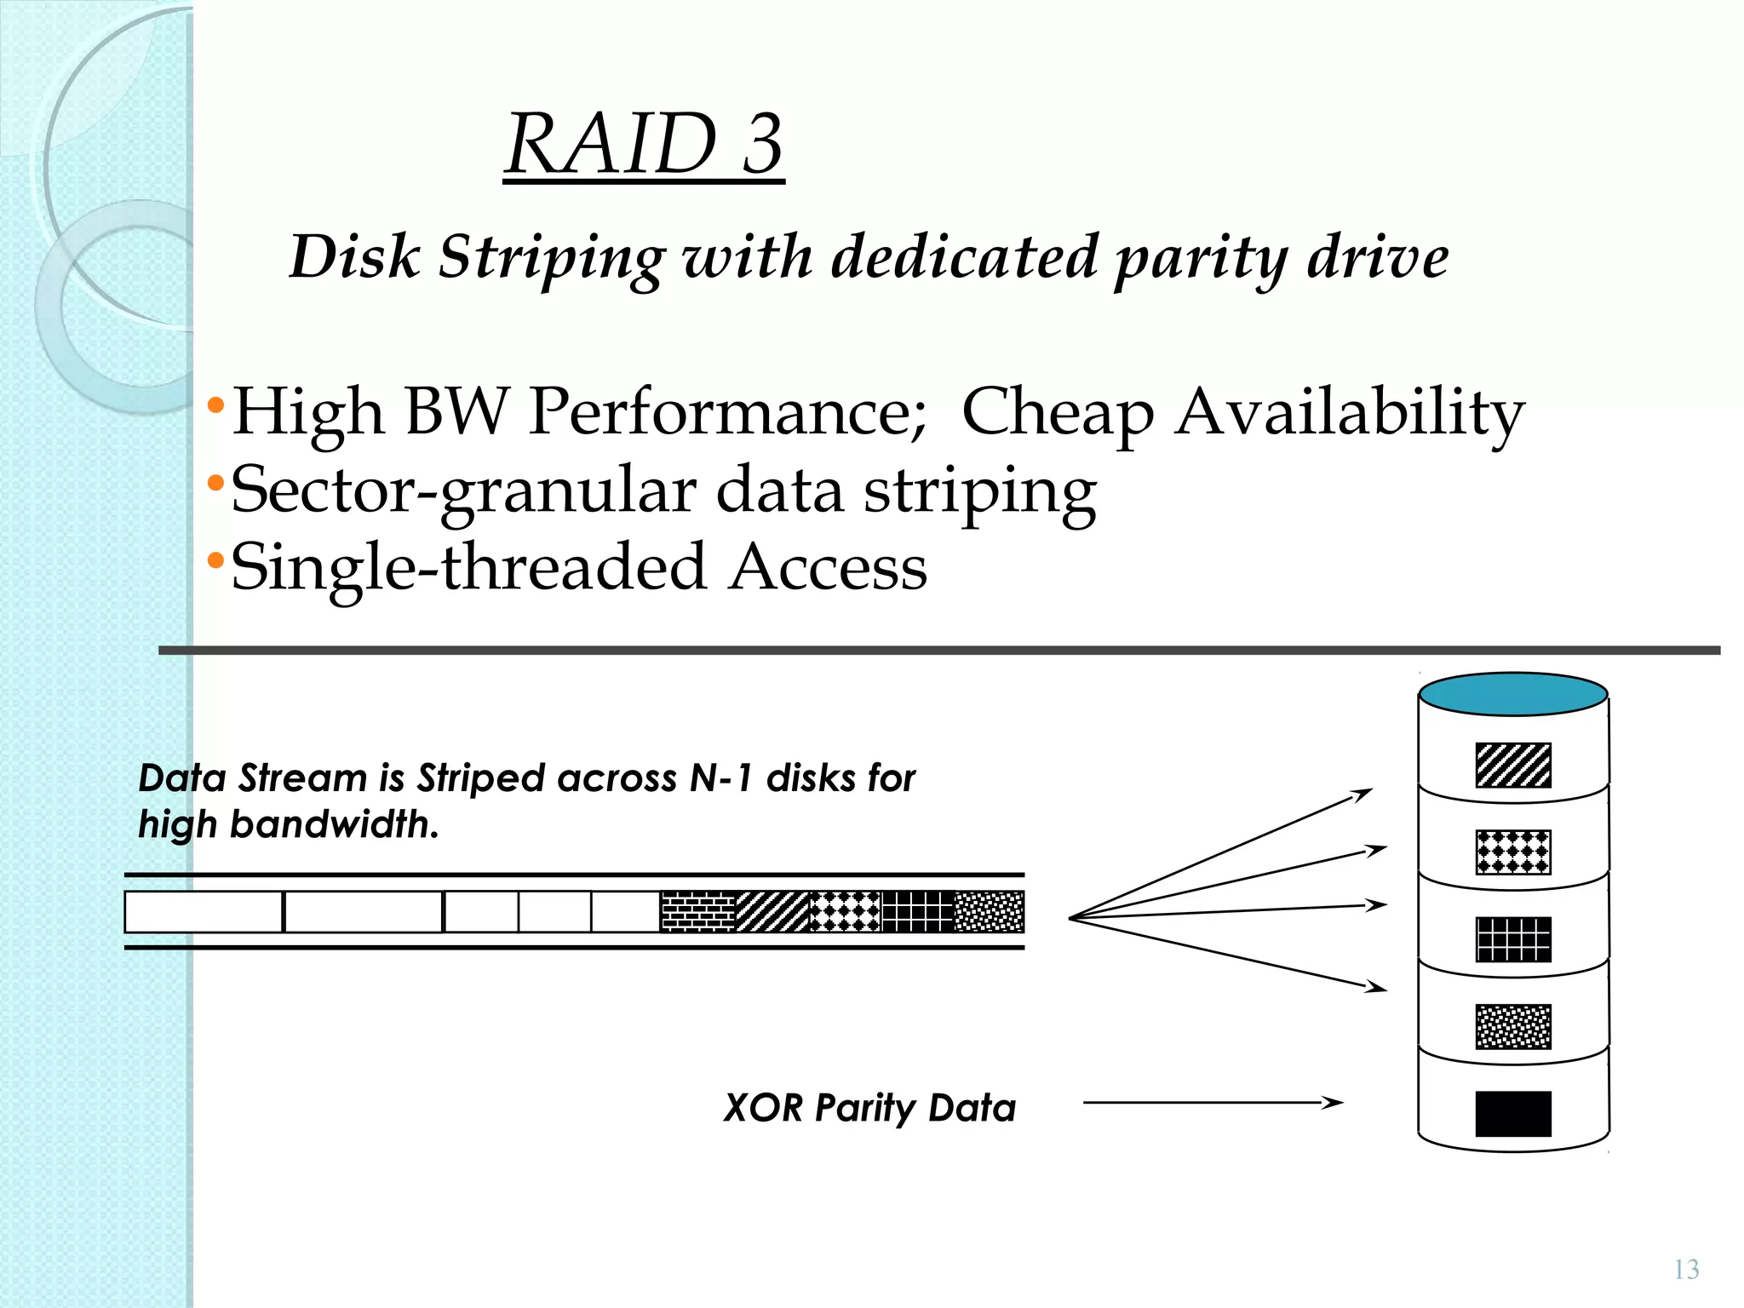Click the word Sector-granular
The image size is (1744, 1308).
pos(463,491)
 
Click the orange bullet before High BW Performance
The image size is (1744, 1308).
pos(215,404)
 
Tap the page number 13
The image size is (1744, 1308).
pos(1686,1270)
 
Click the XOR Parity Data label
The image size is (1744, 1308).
pos(869,1108)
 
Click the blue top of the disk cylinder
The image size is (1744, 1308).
pos(1513,694)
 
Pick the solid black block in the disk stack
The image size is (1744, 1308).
pos(1513,1114)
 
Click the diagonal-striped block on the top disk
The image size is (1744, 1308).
pos(1513,765)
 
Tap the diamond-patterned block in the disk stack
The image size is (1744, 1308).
pos(1513,852)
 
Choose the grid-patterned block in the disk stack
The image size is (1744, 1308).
pos(1513,939)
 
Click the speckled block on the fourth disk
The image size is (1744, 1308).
pos(1513,1026)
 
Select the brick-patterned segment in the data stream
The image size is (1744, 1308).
pos(697,911)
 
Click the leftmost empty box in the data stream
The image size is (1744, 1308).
pos(204,911)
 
